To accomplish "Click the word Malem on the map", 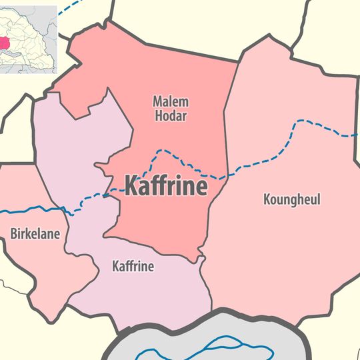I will point(171,102).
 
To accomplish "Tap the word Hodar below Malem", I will point(171,116).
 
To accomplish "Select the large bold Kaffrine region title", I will point(166,186).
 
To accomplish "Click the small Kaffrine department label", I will point(133,267).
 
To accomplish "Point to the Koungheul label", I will point(292,199).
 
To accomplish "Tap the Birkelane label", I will point(35,234).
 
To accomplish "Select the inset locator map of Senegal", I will point(29,38).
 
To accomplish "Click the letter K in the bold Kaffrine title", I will point(133,186).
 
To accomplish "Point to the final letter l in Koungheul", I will point(319,199).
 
